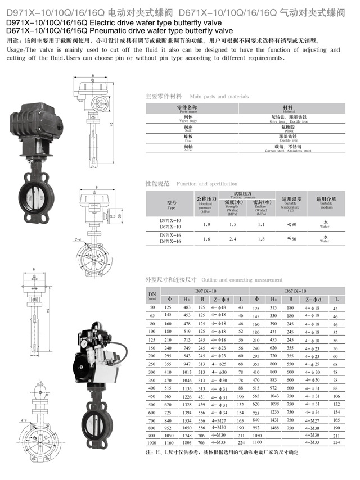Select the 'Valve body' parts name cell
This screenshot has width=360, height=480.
coord(187,119)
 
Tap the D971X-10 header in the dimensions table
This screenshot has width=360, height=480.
coord(204,291)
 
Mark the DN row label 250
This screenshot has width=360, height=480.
coord(151,364)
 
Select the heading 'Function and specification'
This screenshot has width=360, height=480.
coord(207,184)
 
